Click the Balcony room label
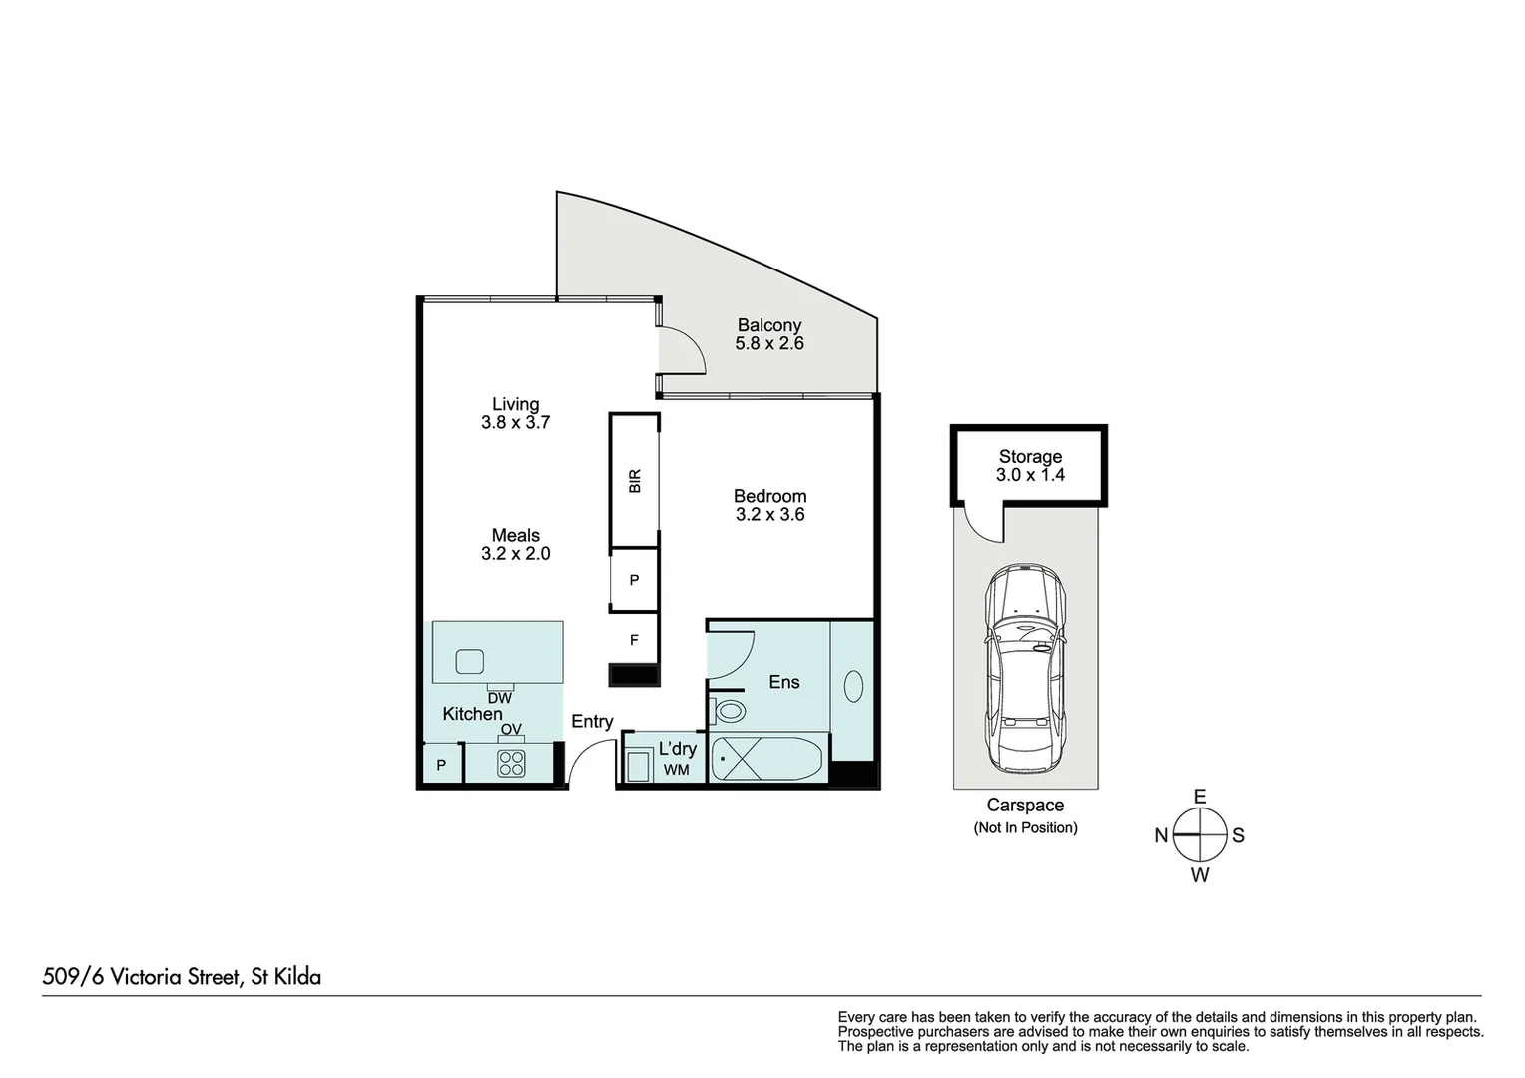tap(768, 325)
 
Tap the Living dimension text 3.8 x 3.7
tap(515, 423)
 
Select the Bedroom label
tap(769, 496)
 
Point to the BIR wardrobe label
tap(635, 481)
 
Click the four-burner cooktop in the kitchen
tap(511, 764)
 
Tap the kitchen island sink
tap(470, 661)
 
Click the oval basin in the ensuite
tap(853, 686)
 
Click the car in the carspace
tap(1025, 668)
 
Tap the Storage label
tap(1030, 457)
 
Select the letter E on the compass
tap(1200, 797)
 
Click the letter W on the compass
tap(1200, 875)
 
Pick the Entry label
tap(592, 722)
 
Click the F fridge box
tap(634, 640)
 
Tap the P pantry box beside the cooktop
tap(441, 766)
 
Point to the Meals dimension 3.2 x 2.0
tap(515, 554)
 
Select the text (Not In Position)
tap(1025, 828)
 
